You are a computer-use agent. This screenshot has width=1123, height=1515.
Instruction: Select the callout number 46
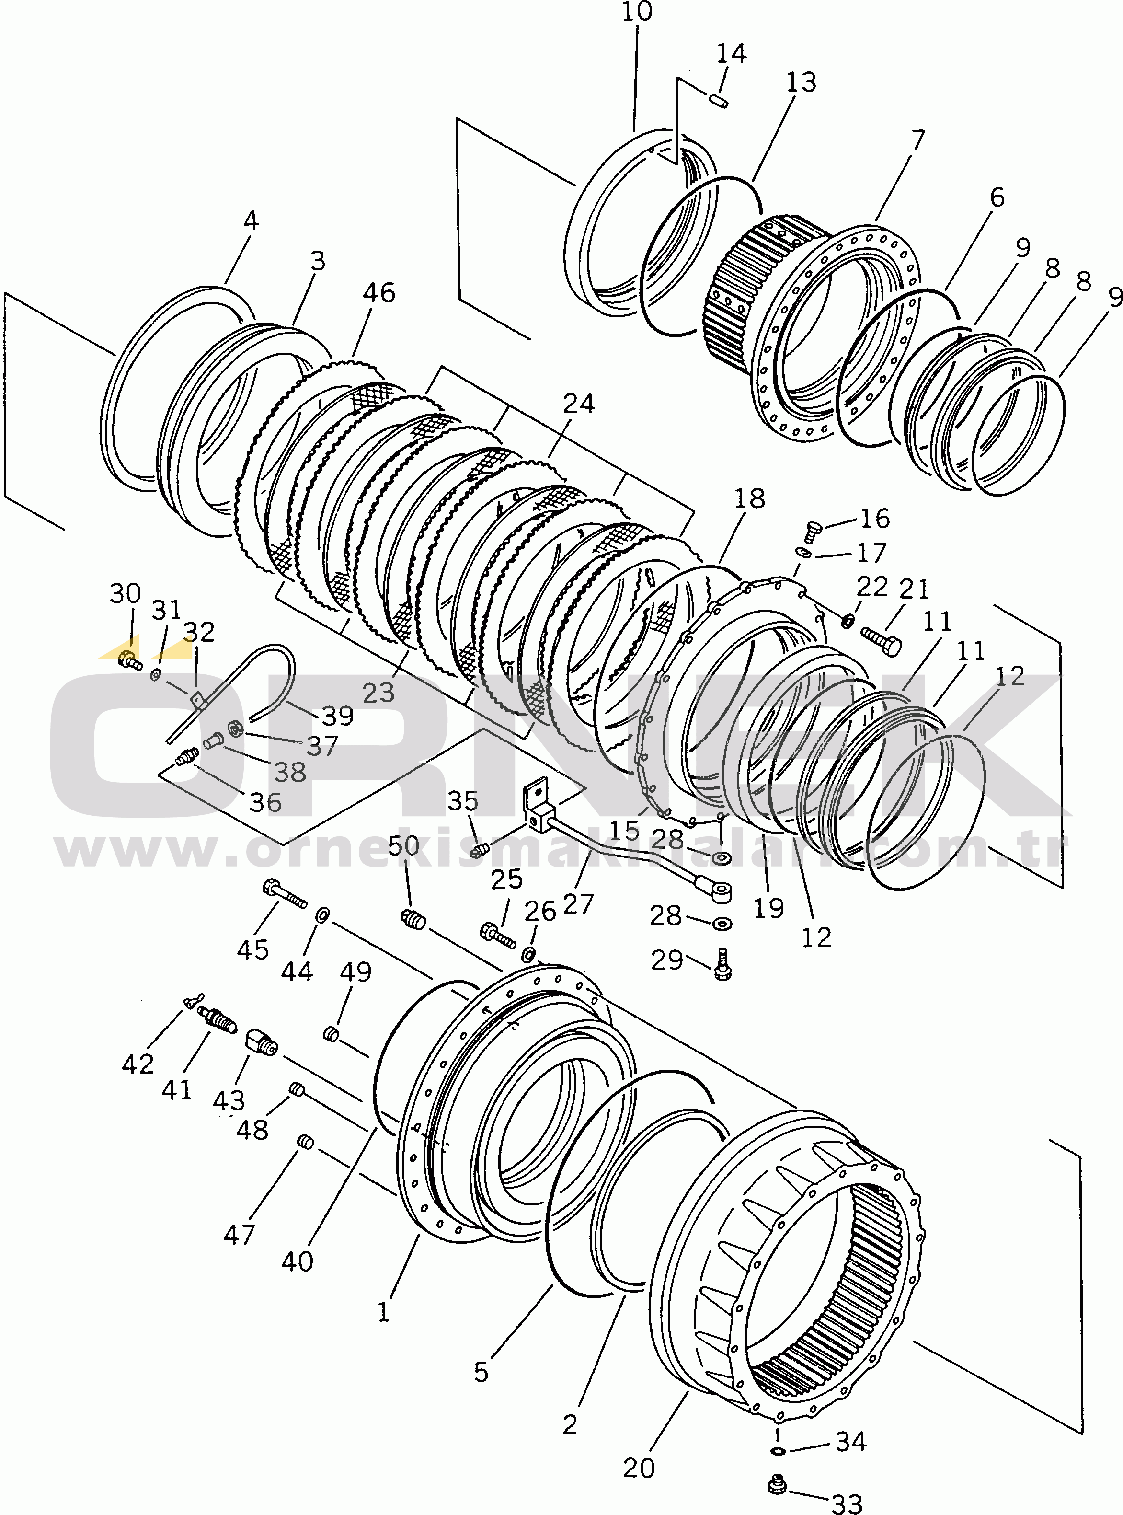378,292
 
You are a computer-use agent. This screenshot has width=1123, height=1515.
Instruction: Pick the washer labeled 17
803,552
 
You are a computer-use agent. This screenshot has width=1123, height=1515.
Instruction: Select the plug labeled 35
481,849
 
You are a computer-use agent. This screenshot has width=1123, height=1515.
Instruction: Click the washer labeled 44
323,913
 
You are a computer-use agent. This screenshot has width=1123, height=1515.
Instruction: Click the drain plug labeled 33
777,1484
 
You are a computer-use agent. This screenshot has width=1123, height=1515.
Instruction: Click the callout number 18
749,498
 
